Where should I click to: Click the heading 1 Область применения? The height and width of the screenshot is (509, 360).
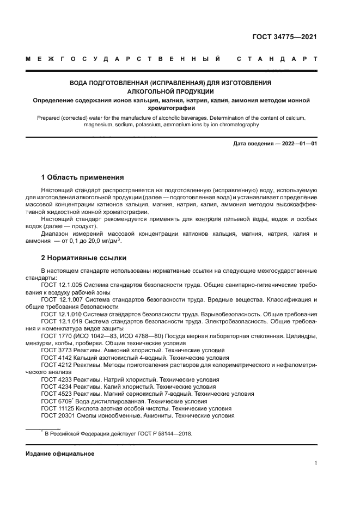(82, 177)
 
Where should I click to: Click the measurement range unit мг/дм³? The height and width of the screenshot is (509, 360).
(110, 241)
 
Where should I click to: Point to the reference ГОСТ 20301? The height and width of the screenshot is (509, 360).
(58, 415)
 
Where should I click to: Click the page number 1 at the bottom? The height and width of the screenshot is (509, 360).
(315, 463)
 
